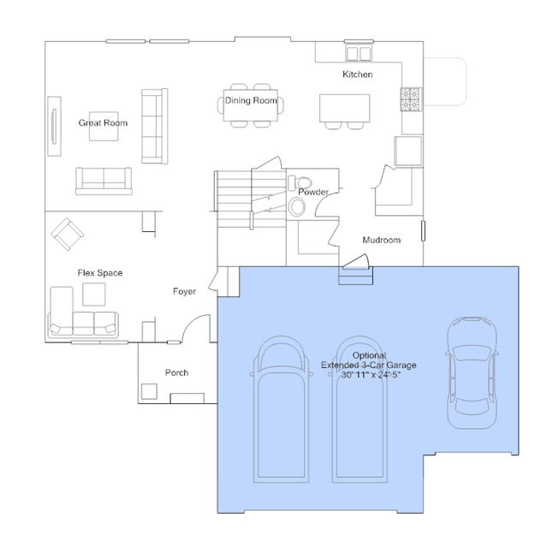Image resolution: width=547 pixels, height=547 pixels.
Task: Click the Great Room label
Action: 103,122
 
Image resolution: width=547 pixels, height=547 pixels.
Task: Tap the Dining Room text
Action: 251,100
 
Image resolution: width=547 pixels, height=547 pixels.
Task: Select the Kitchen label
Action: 358,74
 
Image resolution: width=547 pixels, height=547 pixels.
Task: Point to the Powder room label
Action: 313,192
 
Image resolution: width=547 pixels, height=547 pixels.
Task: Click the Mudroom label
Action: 381,240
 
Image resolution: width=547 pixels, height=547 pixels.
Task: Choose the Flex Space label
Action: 100,273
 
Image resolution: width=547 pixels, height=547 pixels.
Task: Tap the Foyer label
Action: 184,291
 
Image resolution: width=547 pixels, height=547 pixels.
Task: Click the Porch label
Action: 176,372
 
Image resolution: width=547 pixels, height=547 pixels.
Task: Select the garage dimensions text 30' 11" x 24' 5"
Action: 371,375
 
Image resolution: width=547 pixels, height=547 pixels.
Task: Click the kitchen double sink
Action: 359,54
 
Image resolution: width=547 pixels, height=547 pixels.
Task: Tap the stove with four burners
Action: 411,99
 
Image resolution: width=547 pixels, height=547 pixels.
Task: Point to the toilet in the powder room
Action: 300,183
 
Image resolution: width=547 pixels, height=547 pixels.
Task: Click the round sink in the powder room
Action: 297,207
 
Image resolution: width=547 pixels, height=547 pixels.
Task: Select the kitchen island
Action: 345,108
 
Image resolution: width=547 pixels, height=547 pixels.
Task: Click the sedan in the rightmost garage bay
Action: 472,372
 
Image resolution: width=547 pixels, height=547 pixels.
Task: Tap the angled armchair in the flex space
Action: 67,234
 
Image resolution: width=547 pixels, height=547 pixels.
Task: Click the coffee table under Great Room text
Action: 104,127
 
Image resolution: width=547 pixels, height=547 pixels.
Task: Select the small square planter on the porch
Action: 149,391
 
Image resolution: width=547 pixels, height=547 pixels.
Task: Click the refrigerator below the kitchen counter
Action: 407,151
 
